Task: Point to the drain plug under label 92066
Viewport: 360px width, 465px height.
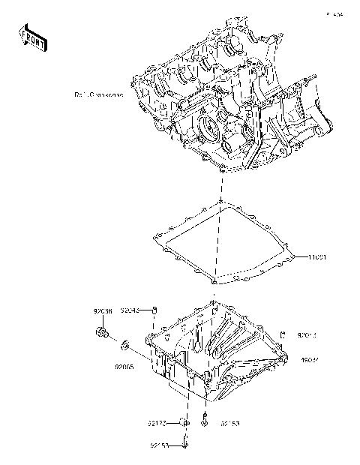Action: tap(103, 333)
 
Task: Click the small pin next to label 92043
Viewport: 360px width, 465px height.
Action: tap(154, 310)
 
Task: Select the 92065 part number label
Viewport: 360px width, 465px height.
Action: tap(124, 368)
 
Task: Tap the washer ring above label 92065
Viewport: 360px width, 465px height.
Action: tap(125, 345)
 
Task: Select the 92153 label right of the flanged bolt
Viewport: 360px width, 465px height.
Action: tap(229, 424)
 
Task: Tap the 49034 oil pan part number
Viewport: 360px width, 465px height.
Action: tap(312, 360)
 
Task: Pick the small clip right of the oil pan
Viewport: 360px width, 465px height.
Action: tap(283, 333)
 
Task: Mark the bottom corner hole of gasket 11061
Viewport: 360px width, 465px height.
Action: tap(215, 283)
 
